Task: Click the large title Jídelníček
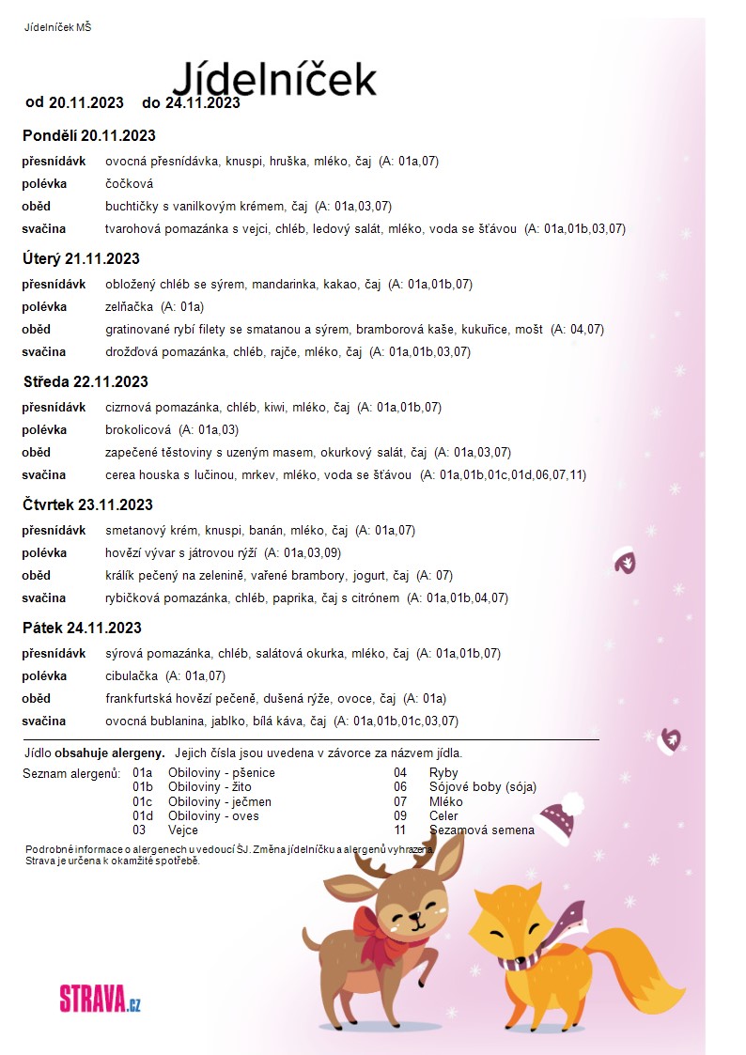[x=274, y=77]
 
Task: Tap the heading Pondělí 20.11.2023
[x=88, y=135]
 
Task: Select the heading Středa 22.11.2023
[x=85, y=381]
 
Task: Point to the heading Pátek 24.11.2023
[x=82, y=628]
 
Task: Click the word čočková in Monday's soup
[x=129, y=183]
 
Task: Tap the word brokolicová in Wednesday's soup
[x=138, y=429]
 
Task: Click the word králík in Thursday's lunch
[x=120, y=575]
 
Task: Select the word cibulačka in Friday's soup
[x=132, y=675]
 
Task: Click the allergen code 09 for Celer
[x=400, y=815]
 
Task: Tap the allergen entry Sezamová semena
[x=481, y=830]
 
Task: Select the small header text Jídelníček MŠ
[x=57, y=27]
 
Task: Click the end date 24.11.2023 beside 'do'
[x=202, y=102]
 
